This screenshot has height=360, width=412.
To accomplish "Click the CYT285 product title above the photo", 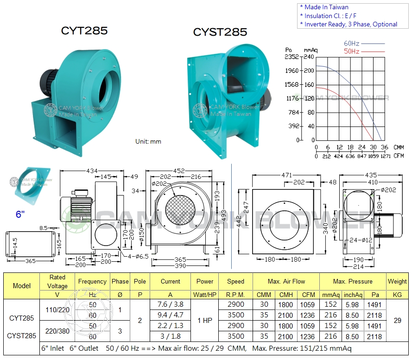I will coord(84,31).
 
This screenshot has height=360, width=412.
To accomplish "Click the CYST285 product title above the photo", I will coord(220,32).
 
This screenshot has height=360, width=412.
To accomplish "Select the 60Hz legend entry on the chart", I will coord(352,44).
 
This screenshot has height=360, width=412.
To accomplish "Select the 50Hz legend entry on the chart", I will coord(352,51).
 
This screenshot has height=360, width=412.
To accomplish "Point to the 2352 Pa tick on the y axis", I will coord(292,57).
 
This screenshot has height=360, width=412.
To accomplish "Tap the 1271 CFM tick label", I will coord(386,156).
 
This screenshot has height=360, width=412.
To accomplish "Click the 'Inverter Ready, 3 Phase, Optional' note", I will coord(350,24).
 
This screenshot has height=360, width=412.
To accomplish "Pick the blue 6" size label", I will coord(20,214).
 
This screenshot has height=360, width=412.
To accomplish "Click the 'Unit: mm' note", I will coord(148,141).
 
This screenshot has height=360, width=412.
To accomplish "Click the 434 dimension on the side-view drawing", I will coord(92,171).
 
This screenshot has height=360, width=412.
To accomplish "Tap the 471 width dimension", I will coord(286,175).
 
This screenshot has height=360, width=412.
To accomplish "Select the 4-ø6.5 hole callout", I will coord(137,256).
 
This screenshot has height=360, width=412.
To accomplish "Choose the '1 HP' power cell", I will coord(204,320).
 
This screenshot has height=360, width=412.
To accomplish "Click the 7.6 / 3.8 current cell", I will coord(170,304).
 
